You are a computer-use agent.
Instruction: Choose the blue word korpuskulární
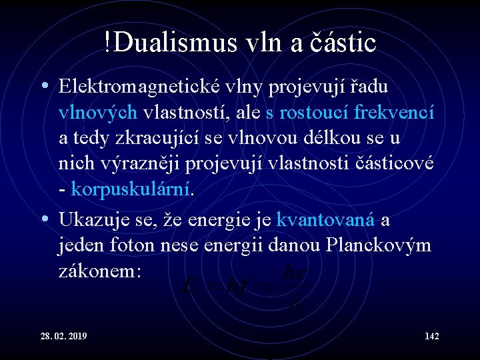click(131, 190)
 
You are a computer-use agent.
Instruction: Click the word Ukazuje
click(89, 219)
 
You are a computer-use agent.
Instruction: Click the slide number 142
click(431, 335)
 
